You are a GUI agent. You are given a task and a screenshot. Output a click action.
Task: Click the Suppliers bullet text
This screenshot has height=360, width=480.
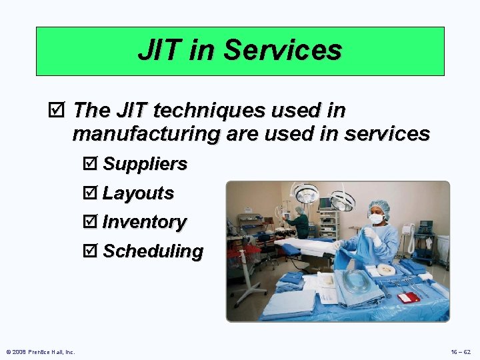coord(145,164)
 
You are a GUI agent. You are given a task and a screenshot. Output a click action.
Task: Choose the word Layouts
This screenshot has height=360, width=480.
coord(138,193)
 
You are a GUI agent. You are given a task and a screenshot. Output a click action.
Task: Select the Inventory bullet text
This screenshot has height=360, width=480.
coord(144,222)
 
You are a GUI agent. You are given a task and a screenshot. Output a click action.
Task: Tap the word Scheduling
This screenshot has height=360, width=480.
coord(153,251)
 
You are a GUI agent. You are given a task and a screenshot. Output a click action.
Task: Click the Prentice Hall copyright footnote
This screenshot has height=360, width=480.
coord(41,351)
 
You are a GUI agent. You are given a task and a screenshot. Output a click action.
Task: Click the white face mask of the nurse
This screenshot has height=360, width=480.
coord(377,218)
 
